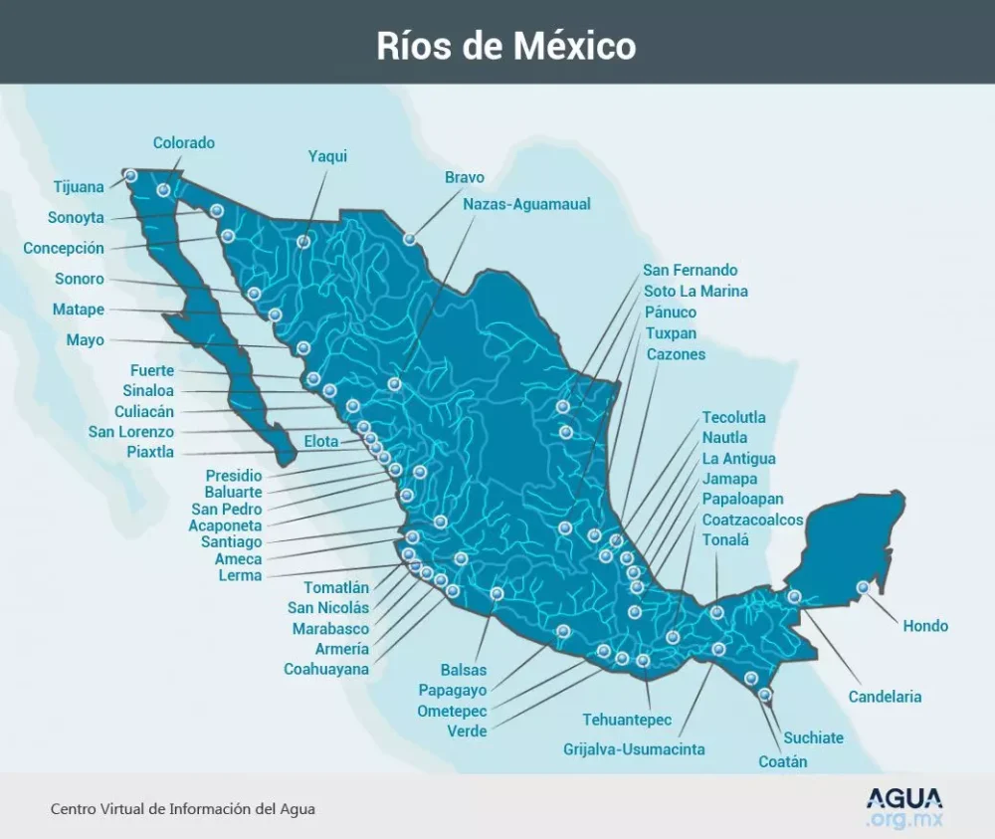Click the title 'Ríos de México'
pos(505,46)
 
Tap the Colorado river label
pos(183,143)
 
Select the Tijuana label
pos(79,187)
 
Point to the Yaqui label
pos(327,156)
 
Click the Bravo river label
pos(465,177)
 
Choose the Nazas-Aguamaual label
pos(526,204)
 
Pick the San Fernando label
pos(691,270)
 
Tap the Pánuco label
pos(671,313)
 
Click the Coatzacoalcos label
pos(752,520)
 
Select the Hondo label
pos(925,626)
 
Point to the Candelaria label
pos(885,697)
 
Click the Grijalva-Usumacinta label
pos(634,748)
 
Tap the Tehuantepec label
pos(627,720)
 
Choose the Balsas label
pos(464,670)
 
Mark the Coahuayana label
pos(326,669)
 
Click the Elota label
pos(321,442)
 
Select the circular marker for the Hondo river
pos(863,588)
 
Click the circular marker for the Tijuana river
pos(130,175)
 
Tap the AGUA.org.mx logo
pos(903,807)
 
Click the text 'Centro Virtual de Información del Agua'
pos(183,809)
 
